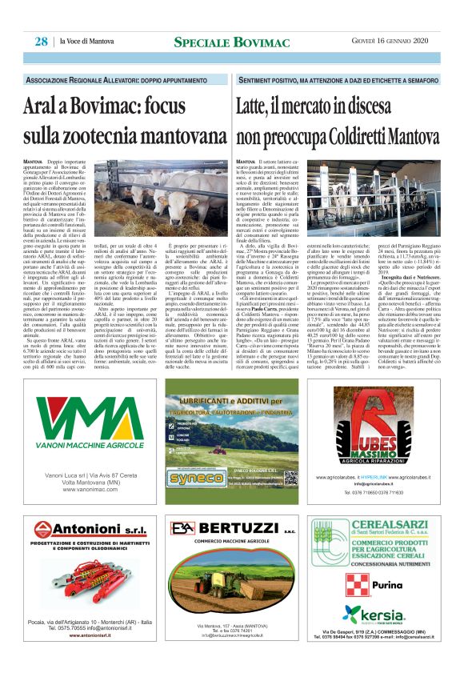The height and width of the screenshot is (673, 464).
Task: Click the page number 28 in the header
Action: coord(40,41)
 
